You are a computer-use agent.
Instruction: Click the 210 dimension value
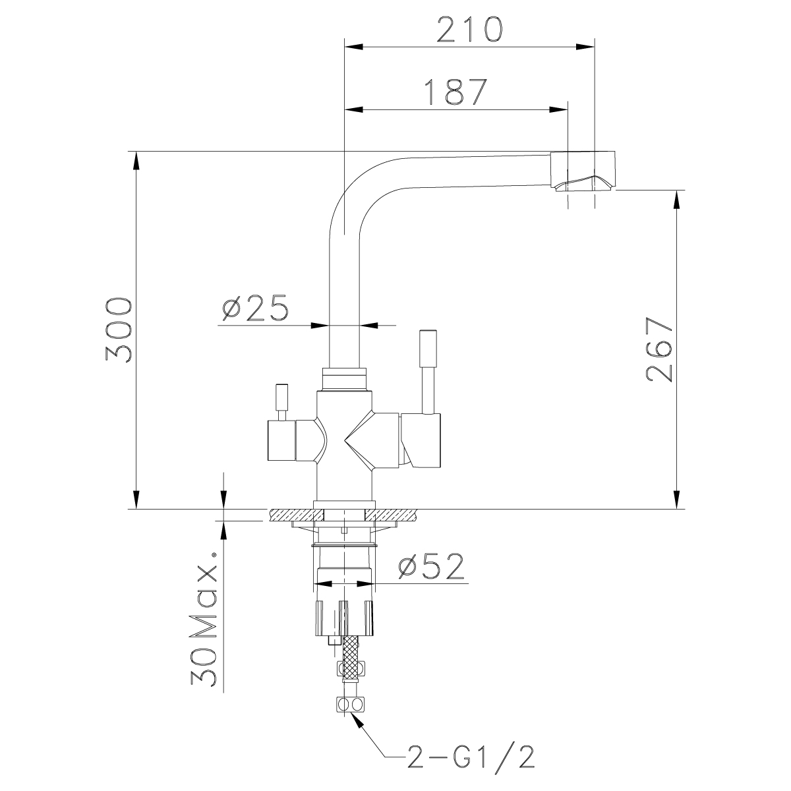coord(469,29)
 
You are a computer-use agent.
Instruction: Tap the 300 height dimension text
coord(119,330)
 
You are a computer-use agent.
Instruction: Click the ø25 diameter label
coord(254,308)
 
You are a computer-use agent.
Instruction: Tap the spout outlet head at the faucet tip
coord(583,171)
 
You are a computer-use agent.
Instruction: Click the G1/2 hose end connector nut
coord(349,705)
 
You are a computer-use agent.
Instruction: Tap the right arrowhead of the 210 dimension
coord(585,46)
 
